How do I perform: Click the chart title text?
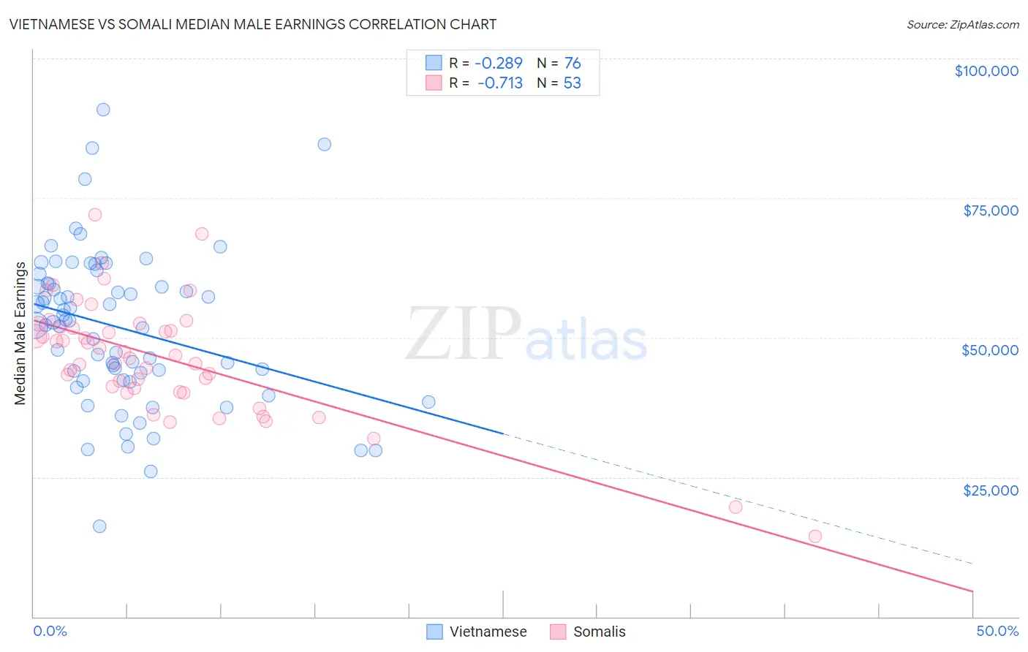[x=253, y=24]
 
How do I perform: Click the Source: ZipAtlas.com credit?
[x=962, y=24]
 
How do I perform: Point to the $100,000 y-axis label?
[x=986, y=71]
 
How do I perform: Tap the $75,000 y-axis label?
[x=991, y=211]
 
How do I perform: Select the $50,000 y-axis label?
[x=990, y=350]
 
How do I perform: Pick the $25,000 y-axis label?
[x=991, y=490]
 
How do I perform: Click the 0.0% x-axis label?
[x=50, y=631]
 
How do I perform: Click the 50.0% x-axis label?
[x=997, y=631]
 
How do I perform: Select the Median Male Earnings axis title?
[x=20, y=333]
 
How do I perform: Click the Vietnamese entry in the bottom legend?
[x=488, y=632]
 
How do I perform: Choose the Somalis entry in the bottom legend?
[x=599, y=632]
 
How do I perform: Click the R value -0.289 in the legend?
[x=499, y=64]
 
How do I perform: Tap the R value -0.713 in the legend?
[x=499, y=83]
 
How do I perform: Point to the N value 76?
[x=572, y=64]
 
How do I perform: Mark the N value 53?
[x=572, y=83]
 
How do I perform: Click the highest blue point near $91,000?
[x=103, y=110]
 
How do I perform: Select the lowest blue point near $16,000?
[x=99, y=526]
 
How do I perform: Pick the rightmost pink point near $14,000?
[x=815, y=537]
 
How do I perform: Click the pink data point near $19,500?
[x=736, y=507]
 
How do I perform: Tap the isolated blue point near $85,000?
[x=325, y=144]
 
